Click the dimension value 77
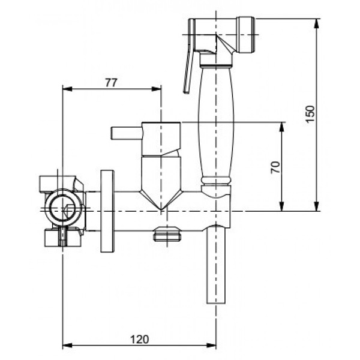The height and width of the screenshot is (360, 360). pyautogui.click(x=111, y=83)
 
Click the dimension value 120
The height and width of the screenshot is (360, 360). pyautogui.click(x=139, y=340)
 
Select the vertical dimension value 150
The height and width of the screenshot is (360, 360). pyautogui.click(x=310, y=114)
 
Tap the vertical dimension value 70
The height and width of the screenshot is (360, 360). pyautogui.click(x=275, y=167)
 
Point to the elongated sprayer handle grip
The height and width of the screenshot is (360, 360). pyautogui.click(x=215, y=122)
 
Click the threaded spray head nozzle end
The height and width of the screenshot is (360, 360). pyautogui.click(x=246, y=35)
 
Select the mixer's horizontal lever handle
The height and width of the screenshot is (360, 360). pyautogui.click(x=126, y=133)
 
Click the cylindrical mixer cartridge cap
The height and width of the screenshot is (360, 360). pyautogui.click(x=161, y=139)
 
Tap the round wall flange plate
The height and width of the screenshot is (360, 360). pyautogui.click(x=107, y=211)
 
